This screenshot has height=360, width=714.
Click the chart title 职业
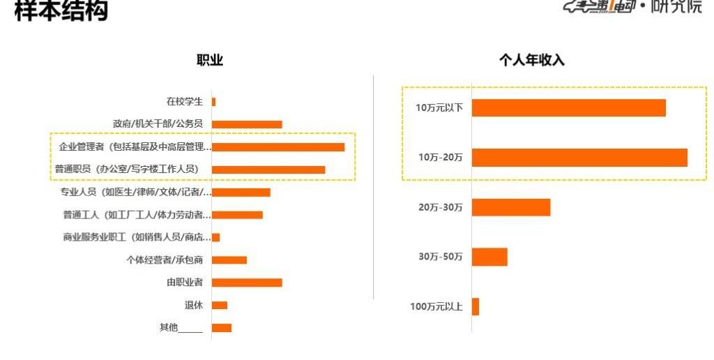point(210,61)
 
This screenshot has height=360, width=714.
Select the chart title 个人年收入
point(531,61)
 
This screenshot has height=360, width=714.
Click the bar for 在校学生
point(213,102)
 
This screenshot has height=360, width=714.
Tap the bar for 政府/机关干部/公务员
point(247,124)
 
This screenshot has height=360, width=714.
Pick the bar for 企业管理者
point(278,147)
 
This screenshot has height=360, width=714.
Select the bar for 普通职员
point(268,170)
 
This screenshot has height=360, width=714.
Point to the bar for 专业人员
point(241,192)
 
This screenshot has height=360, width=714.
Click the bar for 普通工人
point(237,215)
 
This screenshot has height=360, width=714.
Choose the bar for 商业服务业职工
point(215,237)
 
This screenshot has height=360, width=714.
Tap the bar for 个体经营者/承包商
point(229,260)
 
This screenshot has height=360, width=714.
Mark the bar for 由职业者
point(247,283)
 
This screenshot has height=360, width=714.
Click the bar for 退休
point(220,305)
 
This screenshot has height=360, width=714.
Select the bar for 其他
point(222,328)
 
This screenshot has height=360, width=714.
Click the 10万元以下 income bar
point(569,108)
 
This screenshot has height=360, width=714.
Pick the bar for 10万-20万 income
point(579,158)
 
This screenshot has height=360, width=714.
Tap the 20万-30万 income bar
point(511,207)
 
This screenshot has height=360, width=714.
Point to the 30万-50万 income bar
point(489,257)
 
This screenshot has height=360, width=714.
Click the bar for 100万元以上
point(476,306)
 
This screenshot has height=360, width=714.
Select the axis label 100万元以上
point(436,306)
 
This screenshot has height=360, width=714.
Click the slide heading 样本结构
point(61,10)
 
